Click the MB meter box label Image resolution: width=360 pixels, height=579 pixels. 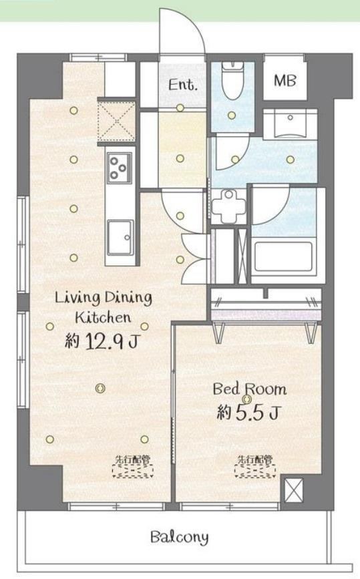tap(285, 81)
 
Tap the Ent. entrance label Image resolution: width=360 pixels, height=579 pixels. tap(182, 85)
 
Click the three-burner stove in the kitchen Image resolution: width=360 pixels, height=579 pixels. tap(120, 168)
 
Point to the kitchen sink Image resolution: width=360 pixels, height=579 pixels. tap(120, 237)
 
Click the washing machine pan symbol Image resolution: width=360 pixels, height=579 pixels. tap(229, 207)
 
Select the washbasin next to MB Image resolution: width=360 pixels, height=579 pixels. tap(291, 124)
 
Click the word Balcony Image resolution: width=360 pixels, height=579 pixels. tap(180, 538)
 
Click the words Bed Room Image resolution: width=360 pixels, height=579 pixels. tap(250, 389)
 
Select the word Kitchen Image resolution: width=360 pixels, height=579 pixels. tap(103, 318)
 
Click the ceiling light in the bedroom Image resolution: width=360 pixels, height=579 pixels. tap(246, 399)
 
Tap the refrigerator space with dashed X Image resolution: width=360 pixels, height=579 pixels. tap(116, 120)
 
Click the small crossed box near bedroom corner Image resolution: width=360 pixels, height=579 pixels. tap(293, 491)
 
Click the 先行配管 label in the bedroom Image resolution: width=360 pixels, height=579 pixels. tap(255, 459)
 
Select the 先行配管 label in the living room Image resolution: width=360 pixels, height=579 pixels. tap(132, 459)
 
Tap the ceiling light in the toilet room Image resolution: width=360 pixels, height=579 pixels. tap(232, 116)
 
